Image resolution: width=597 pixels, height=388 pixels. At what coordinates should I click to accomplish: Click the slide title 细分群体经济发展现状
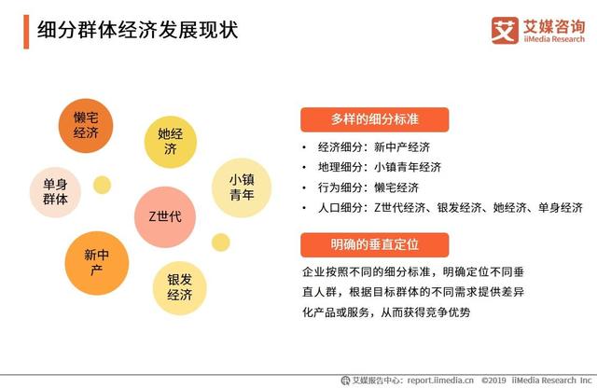tap(137, 30)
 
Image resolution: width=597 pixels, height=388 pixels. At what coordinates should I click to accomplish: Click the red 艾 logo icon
tap(505, 30)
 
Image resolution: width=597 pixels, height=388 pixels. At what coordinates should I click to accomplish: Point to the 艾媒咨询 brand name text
tap(550, 25)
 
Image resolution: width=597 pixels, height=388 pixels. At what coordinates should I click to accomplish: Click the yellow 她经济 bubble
tap(171, 141)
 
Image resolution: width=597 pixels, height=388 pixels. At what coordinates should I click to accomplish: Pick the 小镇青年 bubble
tap(242, 187)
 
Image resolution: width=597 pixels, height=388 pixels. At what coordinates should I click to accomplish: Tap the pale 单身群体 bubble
tap(55, 191)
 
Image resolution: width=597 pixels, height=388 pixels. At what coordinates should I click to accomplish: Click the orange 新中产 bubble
tap(96, 260)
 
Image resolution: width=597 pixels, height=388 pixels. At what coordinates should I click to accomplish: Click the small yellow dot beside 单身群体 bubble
tap(103, 185)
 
